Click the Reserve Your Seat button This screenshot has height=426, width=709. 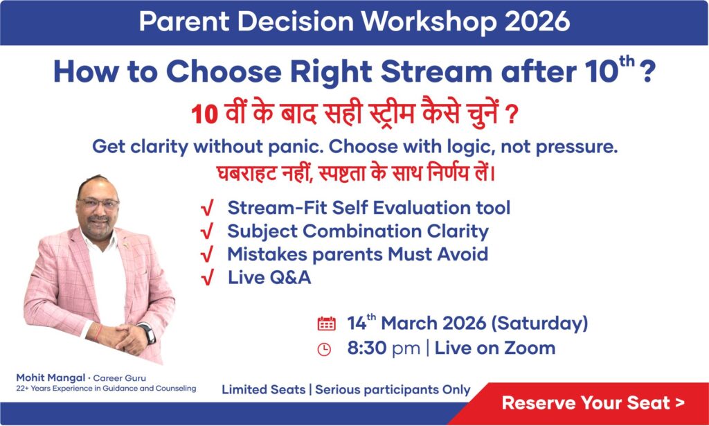[593, 402]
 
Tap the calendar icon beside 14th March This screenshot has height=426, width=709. [326, 323]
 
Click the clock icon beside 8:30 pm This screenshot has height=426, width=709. [324, 349]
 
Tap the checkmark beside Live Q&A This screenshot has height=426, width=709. [206, 278]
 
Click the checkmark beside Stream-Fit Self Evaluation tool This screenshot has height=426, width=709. [206, 208]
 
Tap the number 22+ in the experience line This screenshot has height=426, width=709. [23, 389]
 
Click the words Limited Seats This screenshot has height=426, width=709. [263, 390]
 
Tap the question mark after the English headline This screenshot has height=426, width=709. [647, 73]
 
